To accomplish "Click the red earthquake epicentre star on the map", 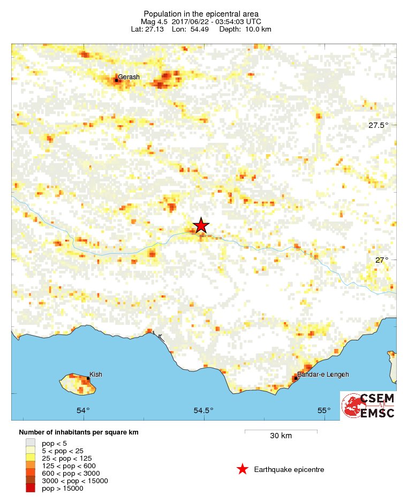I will pyautogui.click(x=201, y=225).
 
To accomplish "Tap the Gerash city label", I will pyautogui.click(x=129, y=77).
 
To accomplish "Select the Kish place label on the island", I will pyautogui.click(x=95, y=375).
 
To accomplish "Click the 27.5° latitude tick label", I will pyautogui.click(x=378, y=126).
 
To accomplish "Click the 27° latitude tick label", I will pyautogui.click(x=381, y=260).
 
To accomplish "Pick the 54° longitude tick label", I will pyautogui.click(x=83, y=411).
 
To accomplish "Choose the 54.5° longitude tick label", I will pyautogui.click(x=203, y=411).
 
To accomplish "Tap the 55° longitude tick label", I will pyautogui.click(x=324, y=411).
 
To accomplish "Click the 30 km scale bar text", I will pyautogui.click(x=281, y=436).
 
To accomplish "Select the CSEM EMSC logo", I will pyautogui.click(x=369, y=406).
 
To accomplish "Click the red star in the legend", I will pyautogui.click(x=242, y=469).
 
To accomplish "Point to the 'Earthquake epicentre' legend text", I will pyautogui.click(x=289, y=470).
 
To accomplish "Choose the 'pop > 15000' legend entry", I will pyautogui.click(x=62, y=488).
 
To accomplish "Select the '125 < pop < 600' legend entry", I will pyautogui.click(x=67, y=466).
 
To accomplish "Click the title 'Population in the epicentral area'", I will pyautogui.click(x=201, y=13).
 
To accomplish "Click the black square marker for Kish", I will pyautogui.click(x=88, y=378).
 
